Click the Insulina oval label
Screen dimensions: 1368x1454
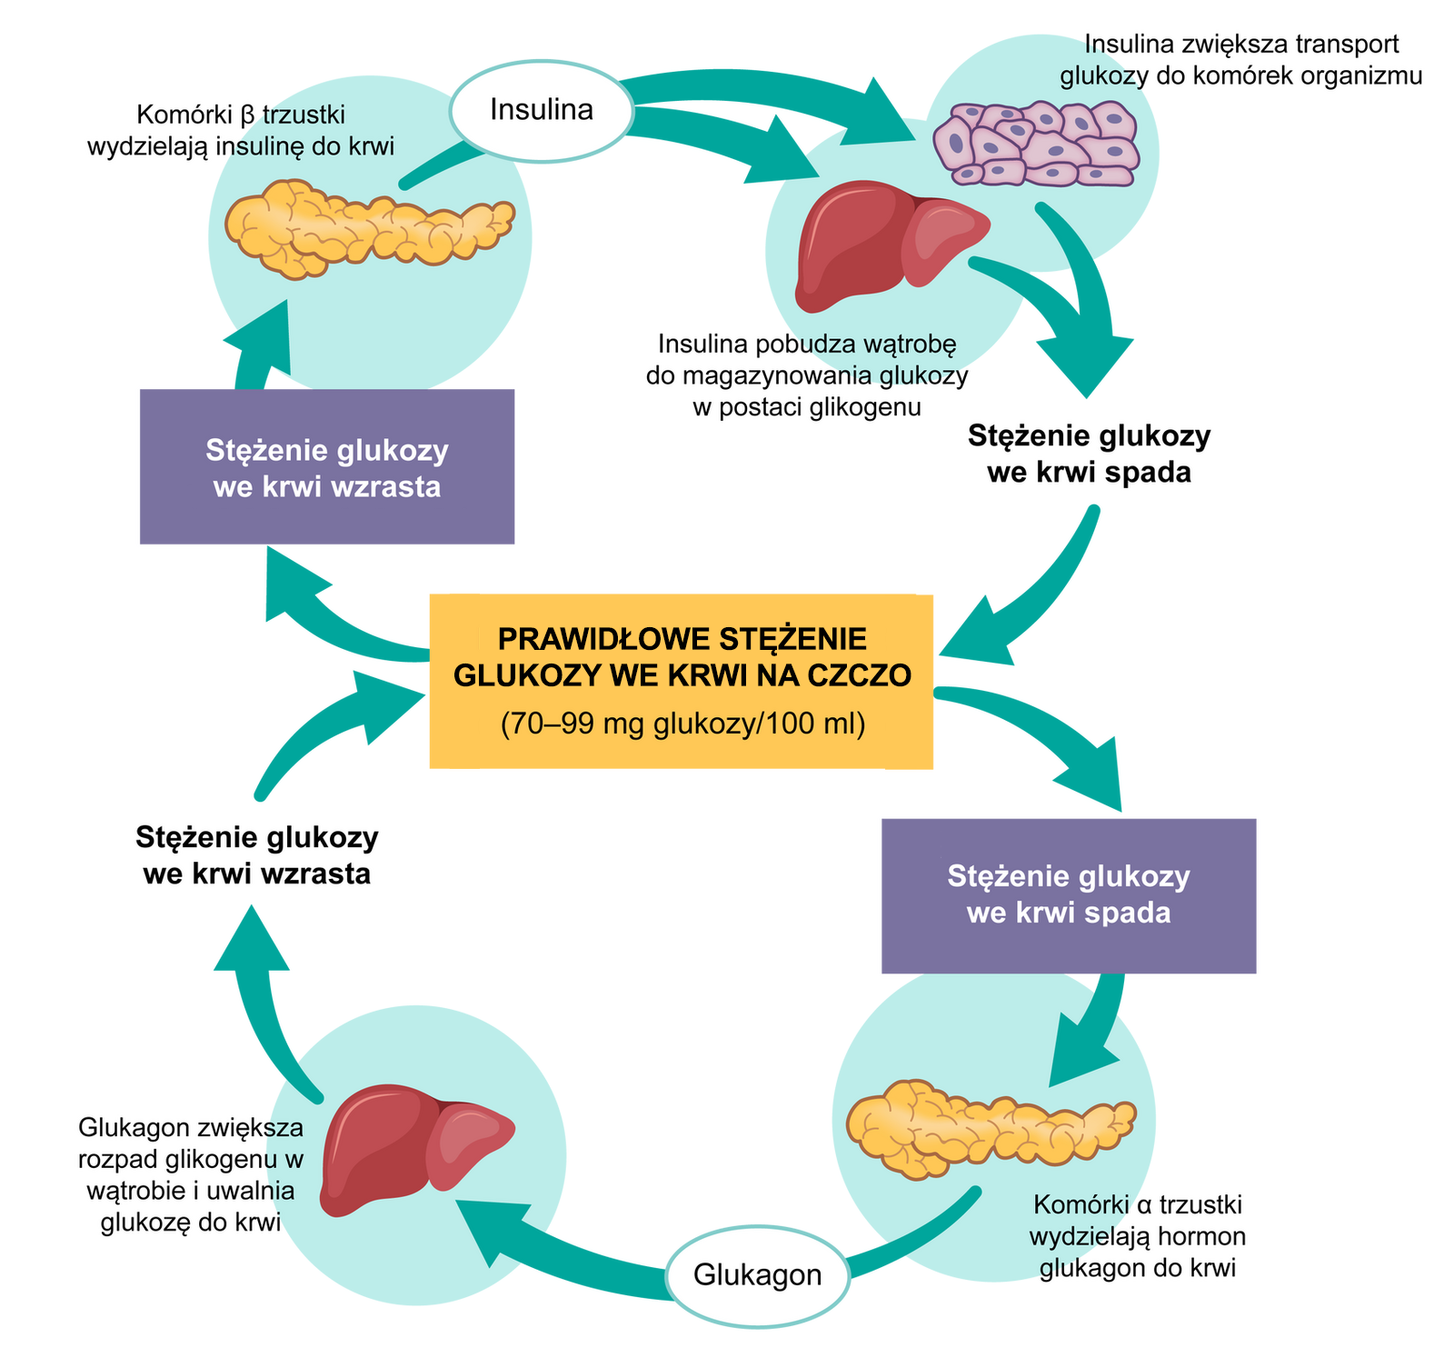[x=542, y=110]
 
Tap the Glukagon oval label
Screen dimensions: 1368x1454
[x=758, y=1274]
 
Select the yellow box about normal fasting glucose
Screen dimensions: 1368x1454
[x=682, y=682]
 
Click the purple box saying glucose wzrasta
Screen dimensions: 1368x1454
[x=327, y=467]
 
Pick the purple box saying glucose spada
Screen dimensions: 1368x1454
[x=1069, y=895]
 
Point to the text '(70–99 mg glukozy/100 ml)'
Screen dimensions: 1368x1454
[x=682, y=724]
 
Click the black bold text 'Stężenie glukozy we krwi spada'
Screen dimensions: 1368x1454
[x=1089, y=454]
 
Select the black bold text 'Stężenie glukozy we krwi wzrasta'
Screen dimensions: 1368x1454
[x=257, y=855]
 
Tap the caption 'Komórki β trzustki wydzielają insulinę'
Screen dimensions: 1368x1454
[x=241, y=130]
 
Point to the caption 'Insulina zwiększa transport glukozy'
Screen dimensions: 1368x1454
[x=1241, y=59]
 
